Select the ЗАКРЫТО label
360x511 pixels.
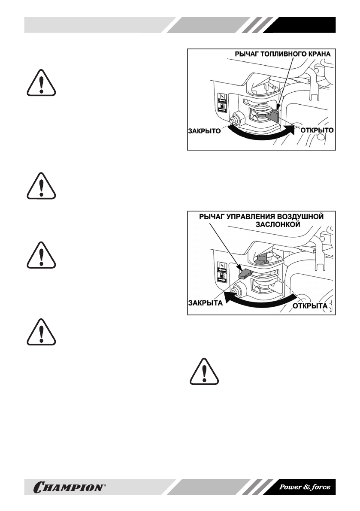coord(204,131)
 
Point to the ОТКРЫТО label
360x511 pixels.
coord(316,129)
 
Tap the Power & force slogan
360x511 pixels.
coord(305,487)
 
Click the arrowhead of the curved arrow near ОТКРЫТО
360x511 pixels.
coord(292,130)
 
